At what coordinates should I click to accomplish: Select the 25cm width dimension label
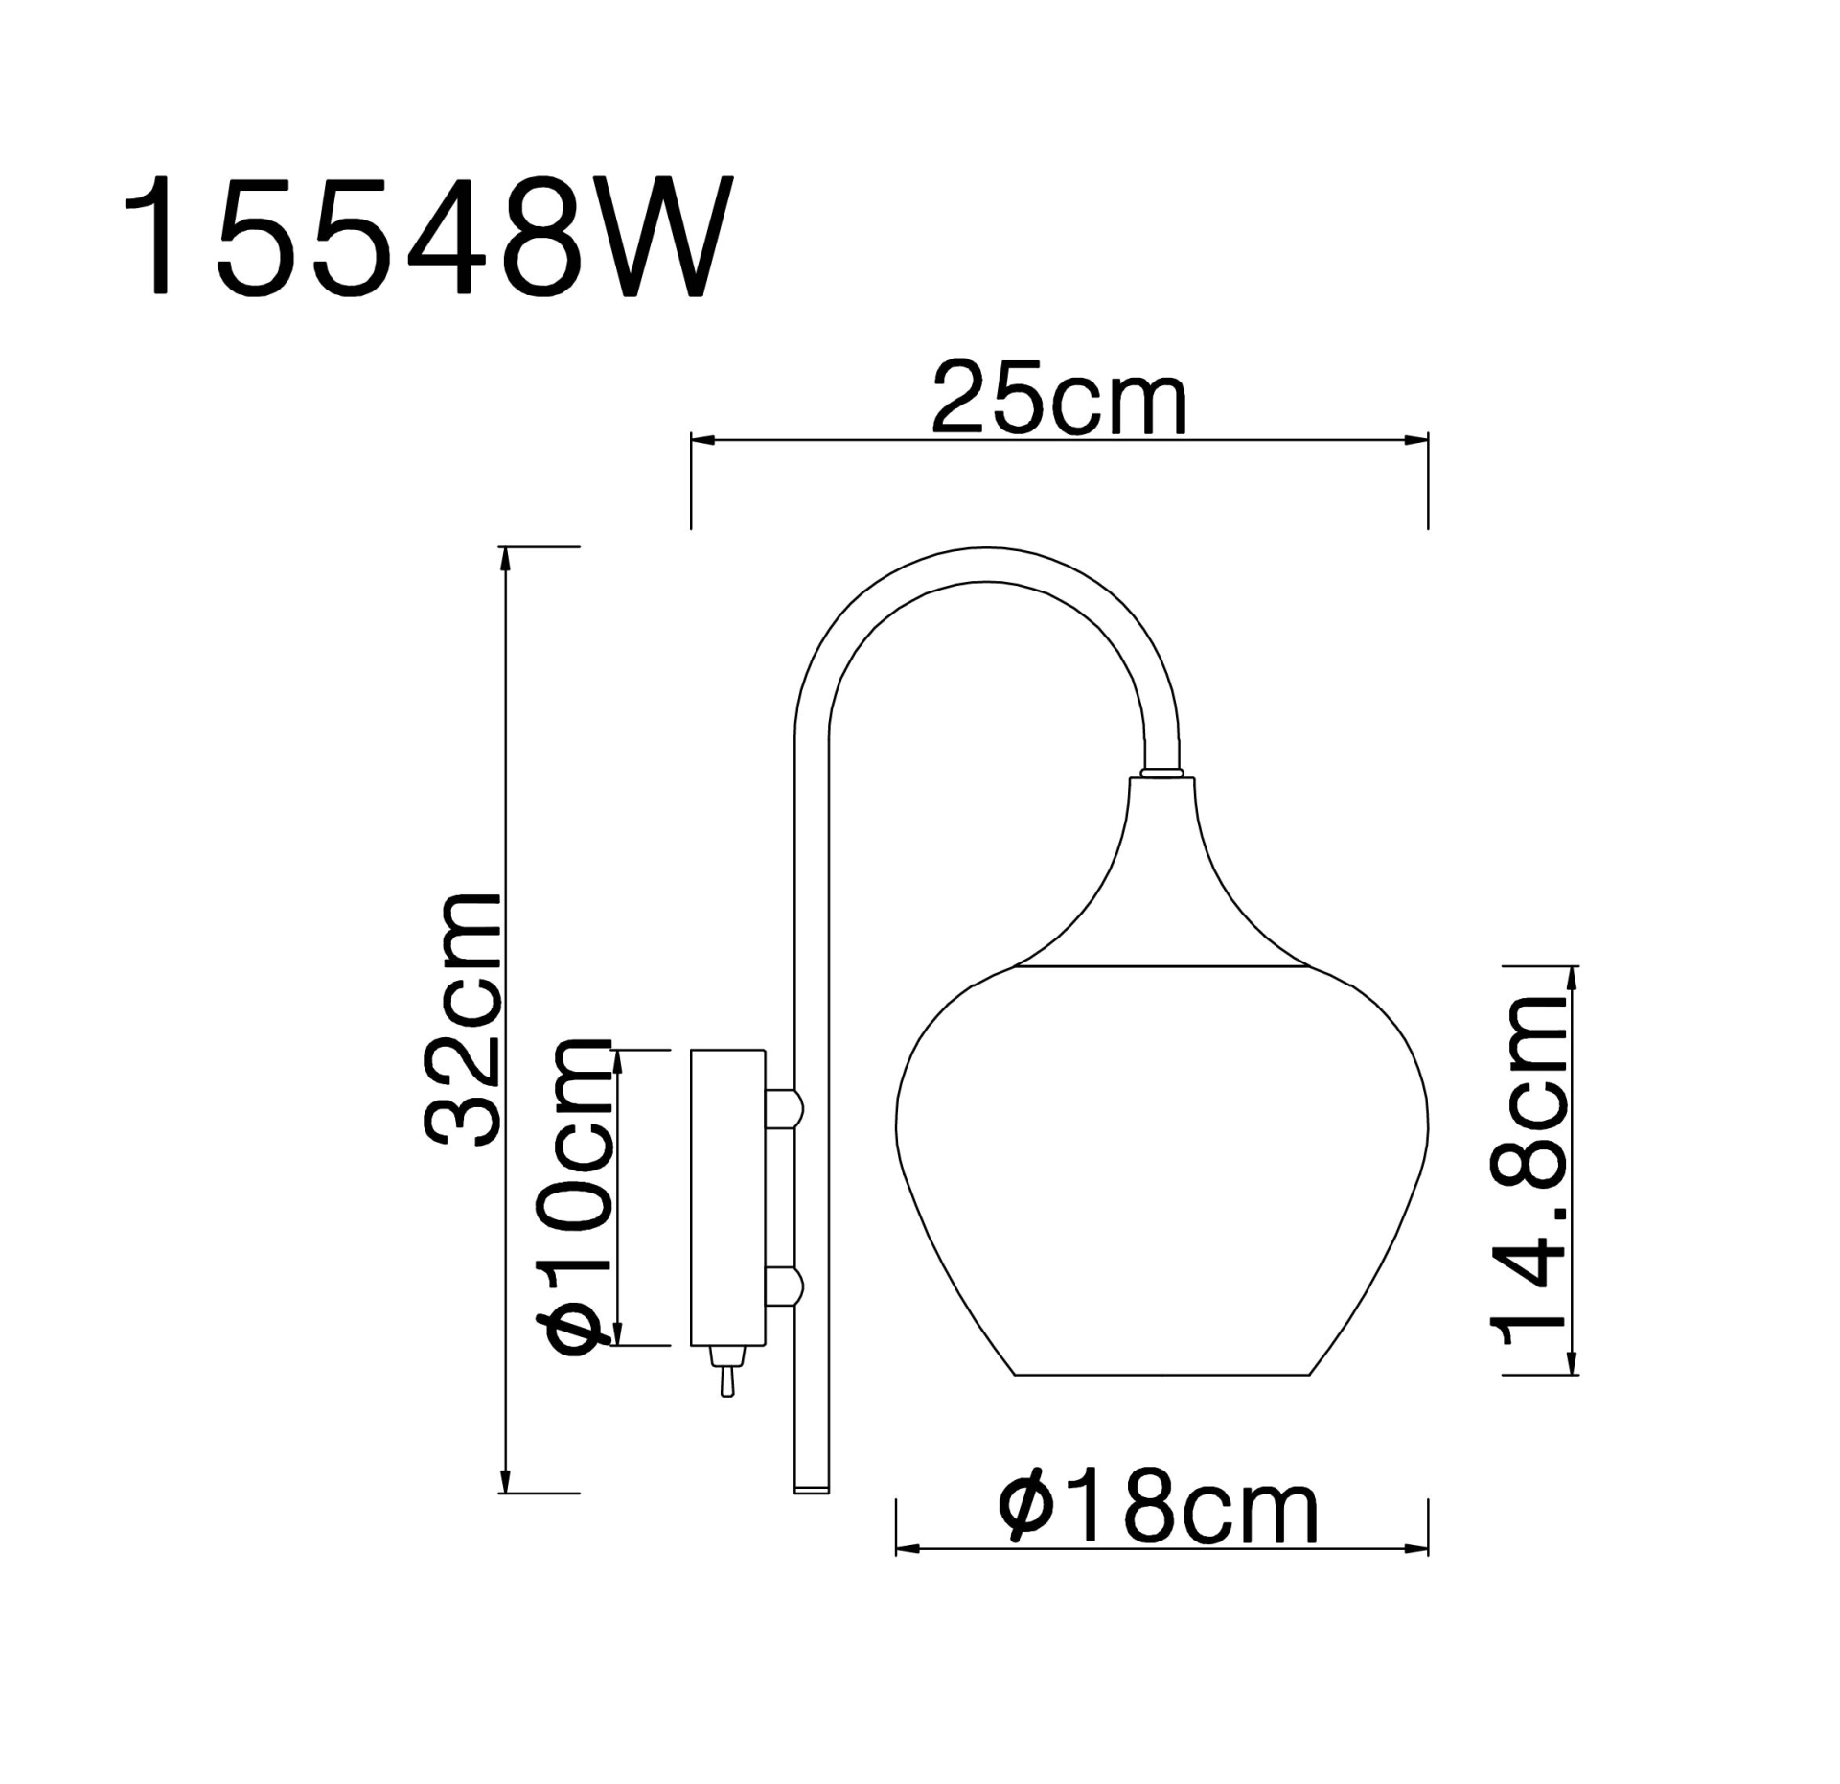(x=1059, y=399)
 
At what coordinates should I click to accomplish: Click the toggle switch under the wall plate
(x=726, y=1371)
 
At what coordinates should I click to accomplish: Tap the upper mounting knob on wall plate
(x=784, y=1108)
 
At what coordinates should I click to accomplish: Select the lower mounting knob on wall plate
(x=784, y=1286)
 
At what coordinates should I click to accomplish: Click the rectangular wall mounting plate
(x=727, y=1197)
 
